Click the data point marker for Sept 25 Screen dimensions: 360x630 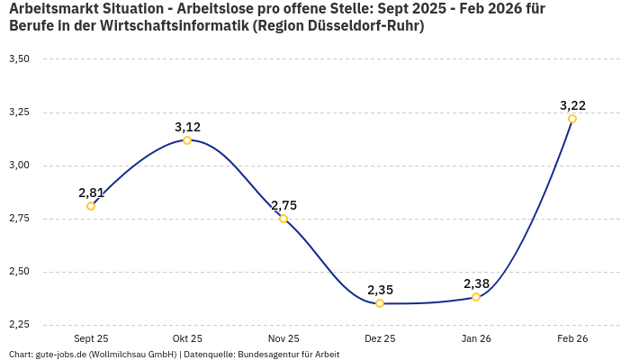pyautogui.click(x=91, y=206)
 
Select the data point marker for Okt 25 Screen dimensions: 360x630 pyautogui.click(x=187, y=140)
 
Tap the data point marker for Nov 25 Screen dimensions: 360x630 pyautogui.click(x=283, y=219)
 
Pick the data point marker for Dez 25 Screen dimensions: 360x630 pyautogui.click(x=380, y=303)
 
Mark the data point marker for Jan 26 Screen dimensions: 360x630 pyautogui.click(x=476, y=297)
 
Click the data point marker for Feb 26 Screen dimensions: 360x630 pyautogui.click(x=572, y=119)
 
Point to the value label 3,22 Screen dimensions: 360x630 pyautogui.click(x=572, y=105)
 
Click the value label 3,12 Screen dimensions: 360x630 pyautogui.click(x=187, y=127)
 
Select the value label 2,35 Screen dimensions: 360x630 pyautogui.click(x=380, y=290)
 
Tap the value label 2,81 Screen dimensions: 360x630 pyautogui.click(x=91, y=193)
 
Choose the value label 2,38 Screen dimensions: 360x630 pyautogui.click(x=476, y=283)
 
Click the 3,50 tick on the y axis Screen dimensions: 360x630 pyautogui.click(x=19, y=59)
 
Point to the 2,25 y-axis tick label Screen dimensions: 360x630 pyautogui.click(x=19, y=324)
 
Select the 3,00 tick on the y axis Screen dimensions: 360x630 pyautogui.click(x=19, y=166)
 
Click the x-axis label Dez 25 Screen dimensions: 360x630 pyautogui.click(x=380, y=339)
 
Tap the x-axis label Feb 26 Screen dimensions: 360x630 pyautogui.click(x=572, y=339)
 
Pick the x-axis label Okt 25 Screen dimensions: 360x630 pyautogui.click(x=187, y=339)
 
